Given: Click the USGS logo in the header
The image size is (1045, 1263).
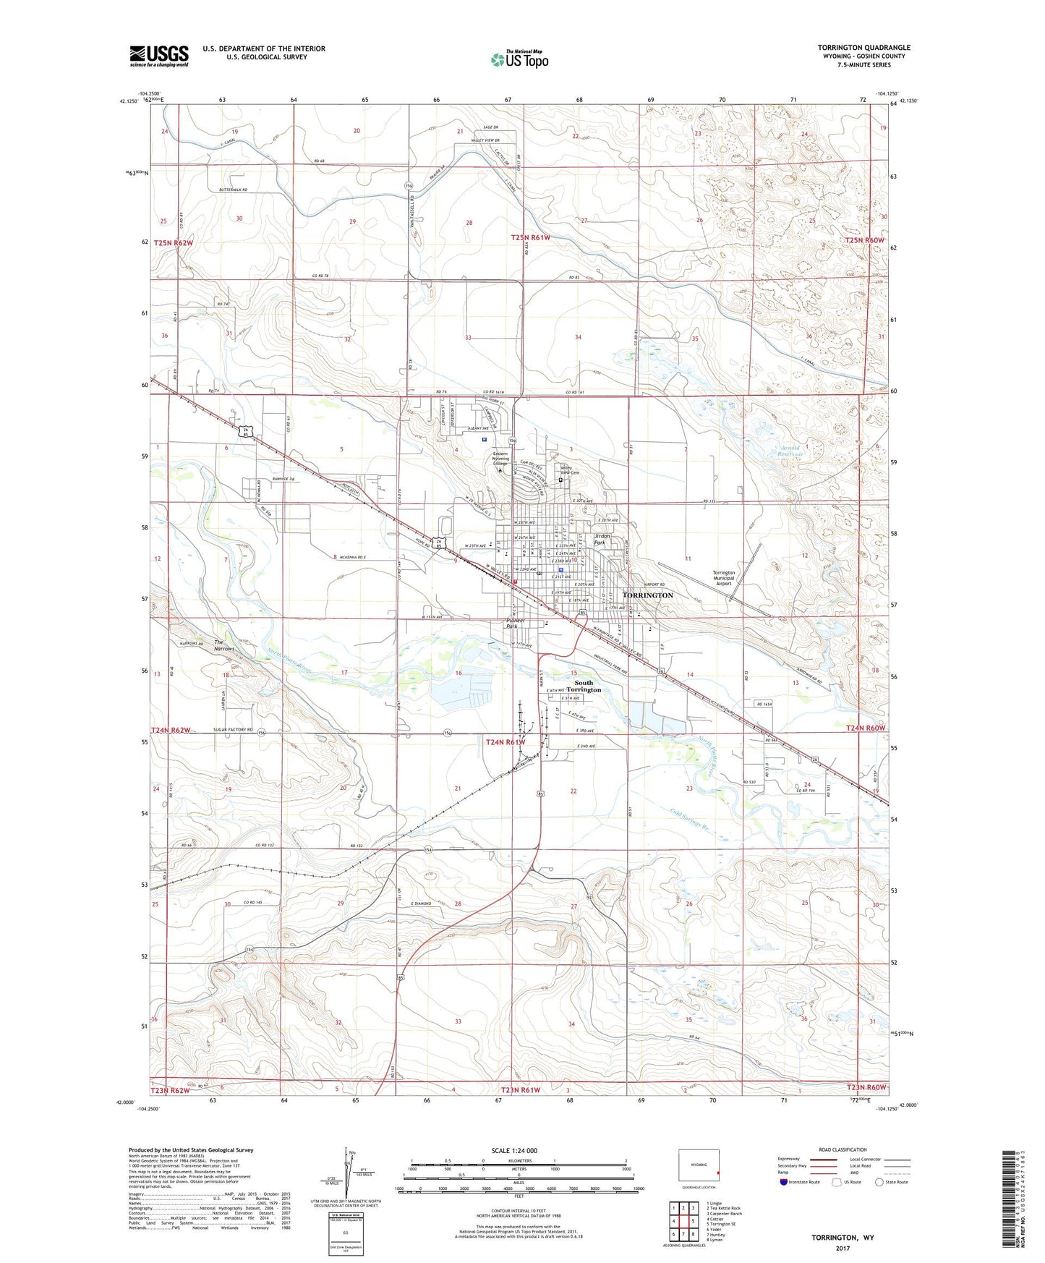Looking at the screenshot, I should pyautogui.click(x=159, y=55).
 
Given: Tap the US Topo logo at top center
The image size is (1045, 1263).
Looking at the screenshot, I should pyautogui.click(x=520, y=59).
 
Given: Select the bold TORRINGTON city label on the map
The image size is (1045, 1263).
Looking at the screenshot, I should pyautogui.click(x=647, y=595).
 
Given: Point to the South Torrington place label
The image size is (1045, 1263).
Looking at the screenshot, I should pyautogui.click(x=584, y=686).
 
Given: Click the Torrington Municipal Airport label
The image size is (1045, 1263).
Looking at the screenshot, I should pyautogui.click(x=723, y=578).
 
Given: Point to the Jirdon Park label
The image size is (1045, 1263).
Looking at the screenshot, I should pyautogui.click(x=601, y=539).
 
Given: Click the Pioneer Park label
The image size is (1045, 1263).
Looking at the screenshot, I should pyautogui.click(x=515, y=623).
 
